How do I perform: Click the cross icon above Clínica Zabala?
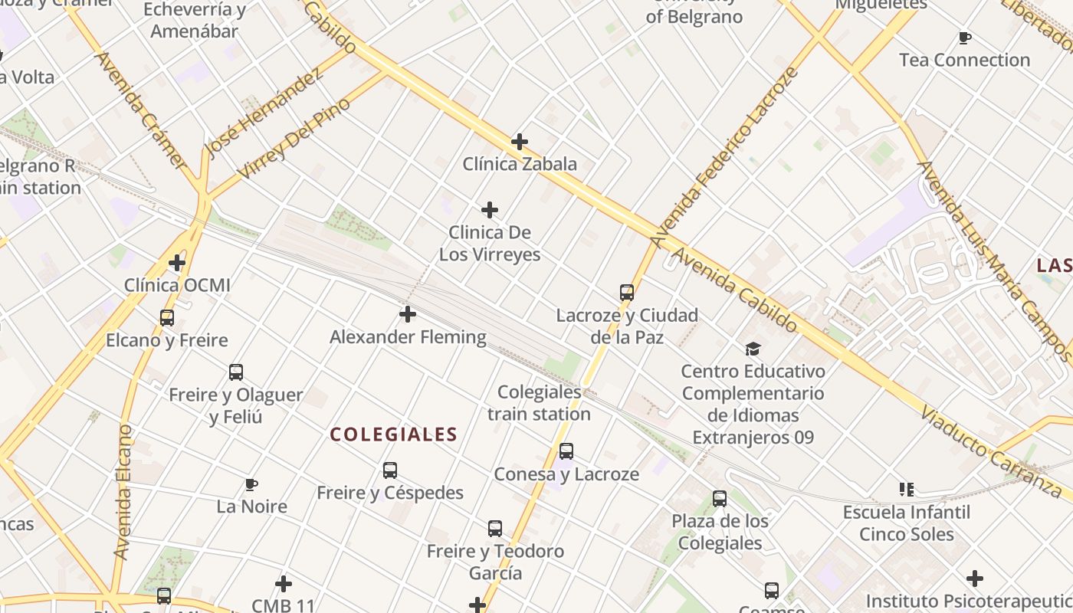(520, 141)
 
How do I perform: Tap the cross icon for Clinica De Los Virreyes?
(490, 209)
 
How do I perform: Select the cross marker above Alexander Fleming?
(408, 313)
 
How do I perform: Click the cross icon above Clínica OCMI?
(177, 263)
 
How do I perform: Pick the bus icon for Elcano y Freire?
(166, 317)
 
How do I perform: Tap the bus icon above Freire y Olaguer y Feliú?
(236, 372)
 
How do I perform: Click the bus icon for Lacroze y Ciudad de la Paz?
(627, 292)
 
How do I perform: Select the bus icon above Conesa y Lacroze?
(566, 451)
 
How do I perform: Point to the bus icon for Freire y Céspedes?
(390, 470)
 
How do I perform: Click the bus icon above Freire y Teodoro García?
(495, 528)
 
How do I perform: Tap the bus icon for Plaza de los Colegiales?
(720, 499)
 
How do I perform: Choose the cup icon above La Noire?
(251, 484)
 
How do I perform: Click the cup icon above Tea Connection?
(965, 38)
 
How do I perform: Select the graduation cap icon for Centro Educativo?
(753, 349)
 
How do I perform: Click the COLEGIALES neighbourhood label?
(393, 434)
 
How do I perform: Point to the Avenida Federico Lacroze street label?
(725, 157)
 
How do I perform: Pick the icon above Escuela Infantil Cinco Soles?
(907, 489)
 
